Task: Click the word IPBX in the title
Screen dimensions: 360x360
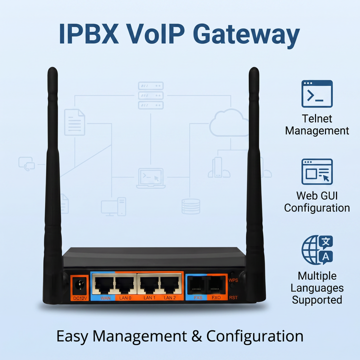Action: [89, 33]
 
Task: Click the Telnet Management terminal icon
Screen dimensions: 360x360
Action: [317, 93]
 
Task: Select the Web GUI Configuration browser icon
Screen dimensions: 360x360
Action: [317, 171]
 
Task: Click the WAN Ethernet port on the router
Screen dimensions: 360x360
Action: [104, 284]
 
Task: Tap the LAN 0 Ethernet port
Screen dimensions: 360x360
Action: [125, 284]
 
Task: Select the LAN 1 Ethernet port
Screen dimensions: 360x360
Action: [149, 284]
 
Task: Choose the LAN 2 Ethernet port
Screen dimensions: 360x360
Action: [170, 284]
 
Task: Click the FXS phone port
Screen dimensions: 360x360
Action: [197, 285]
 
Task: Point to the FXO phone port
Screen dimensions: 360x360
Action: [216, 285]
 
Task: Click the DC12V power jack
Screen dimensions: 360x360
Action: [79, 285]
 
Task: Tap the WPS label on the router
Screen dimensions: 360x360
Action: [233, 280]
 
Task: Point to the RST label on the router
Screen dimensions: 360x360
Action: [233, 297]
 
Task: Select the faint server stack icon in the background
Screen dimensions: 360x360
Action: [151, 95]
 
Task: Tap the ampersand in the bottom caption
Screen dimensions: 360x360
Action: [197, 336]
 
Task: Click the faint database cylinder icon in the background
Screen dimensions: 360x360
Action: [191, 206]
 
